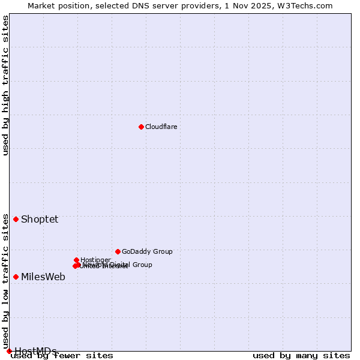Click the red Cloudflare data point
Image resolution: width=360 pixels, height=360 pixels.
(141, 127)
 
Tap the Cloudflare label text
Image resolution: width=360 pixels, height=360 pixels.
(161, 127)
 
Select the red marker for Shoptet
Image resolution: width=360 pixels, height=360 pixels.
(16, 219)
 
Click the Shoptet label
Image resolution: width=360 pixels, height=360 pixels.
(40, 219)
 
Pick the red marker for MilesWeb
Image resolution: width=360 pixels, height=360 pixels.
(16, 277)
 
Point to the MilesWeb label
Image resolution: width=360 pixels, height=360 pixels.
(43, 277)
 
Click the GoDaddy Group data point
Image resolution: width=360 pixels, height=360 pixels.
(118, 251)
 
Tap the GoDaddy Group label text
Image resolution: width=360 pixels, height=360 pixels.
(147, 251)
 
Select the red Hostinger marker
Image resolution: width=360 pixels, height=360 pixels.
(76, 260)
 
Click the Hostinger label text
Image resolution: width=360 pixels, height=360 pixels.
(95, 260)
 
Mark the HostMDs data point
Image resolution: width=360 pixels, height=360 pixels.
(9, 351)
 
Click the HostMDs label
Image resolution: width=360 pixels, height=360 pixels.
(35, 351)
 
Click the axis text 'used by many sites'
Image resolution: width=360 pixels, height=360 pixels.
(301, 356)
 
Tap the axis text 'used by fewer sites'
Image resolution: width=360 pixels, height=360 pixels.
(62, 356)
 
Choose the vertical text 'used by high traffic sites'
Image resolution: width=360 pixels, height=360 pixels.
(5, 85)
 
